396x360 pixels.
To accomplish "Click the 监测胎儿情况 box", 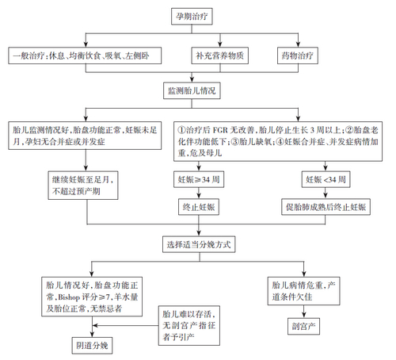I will click(x=193, y=91).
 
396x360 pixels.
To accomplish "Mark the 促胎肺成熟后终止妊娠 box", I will click(x=326, y=207).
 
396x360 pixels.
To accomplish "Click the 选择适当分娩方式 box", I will click(x=199, y=243).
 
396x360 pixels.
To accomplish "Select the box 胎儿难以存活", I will click(x=185, y=324).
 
